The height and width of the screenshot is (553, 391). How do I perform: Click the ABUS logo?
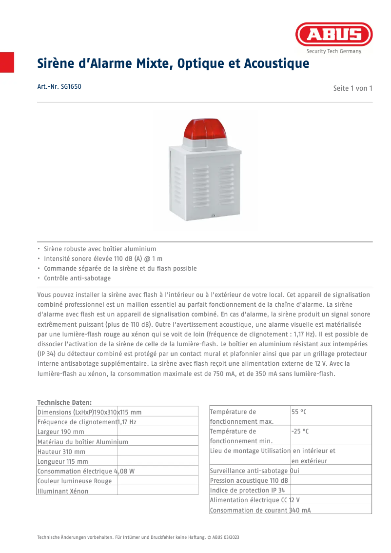tap(334, 35)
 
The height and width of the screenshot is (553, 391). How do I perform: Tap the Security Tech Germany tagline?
tap(334, 51)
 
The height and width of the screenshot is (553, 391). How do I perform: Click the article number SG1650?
tap(59, 87)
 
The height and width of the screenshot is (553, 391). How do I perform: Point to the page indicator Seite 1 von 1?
tap(352, 88)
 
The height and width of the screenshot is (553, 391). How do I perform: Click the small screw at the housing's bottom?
tap(214, 216)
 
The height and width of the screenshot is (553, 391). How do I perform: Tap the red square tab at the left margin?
tap(7, 62)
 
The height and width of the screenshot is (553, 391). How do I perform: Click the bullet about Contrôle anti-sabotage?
tap(77, 278)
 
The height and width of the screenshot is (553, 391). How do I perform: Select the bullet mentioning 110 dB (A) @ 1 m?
tap(103, 258)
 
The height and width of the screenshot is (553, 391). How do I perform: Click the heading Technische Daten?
tap(64, 402)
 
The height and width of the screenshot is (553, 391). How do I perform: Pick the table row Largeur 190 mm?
tap(61, 432)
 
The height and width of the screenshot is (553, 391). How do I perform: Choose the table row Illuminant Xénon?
tap(63, 491)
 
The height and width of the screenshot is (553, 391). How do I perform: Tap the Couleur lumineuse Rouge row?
tap(74, 481)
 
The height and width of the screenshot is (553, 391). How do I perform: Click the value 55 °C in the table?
tap(299, 412)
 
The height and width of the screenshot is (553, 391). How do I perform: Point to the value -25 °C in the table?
tap(300, 432)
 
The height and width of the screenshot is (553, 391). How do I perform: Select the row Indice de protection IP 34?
tap(247, 490)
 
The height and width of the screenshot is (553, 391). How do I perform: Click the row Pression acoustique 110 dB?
tap(249, 480)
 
